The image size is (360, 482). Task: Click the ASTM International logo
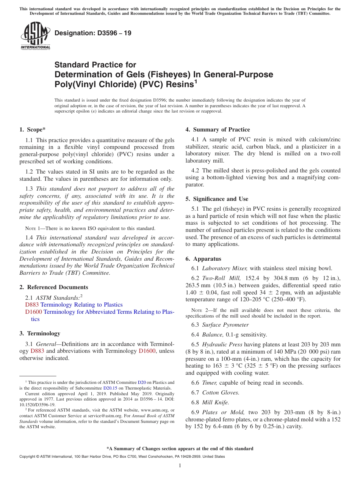tap(35, 36)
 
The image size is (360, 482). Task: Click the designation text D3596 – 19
tap(93, 33)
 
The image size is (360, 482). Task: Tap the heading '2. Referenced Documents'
tap(53, 287)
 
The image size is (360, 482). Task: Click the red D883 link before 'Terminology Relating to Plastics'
tap(32, 305)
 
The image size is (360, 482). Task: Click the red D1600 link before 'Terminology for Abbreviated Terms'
tap(34, 312)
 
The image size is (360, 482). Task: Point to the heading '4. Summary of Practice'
tap(218, 130)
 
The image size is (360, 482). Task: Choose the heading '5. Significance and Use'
tap(217, 199)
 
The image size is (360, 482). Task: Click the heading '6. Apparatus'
tap(203, 259)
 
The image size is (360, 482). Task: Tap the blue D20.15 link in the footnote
tap(109, 388)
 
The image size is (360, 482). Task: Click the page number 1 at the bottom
tap(180, 465)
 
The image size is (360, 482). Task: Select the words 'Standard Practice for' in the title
tap(95, 65)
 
